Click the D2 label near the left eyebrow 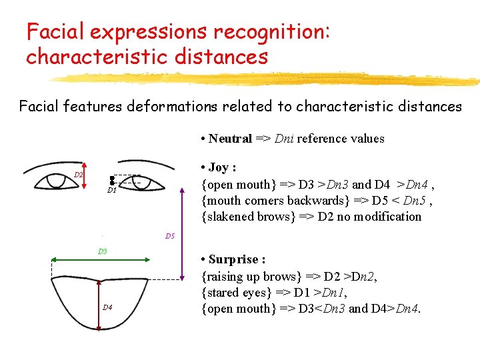78,175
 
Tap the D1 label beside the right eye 112,190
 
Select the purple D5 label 170,236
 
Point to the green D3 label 102,251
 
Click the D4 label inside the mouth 107,307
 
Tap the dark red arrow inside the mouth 99,303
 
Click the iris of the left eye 54,181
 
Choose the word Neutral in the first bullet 230,139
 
